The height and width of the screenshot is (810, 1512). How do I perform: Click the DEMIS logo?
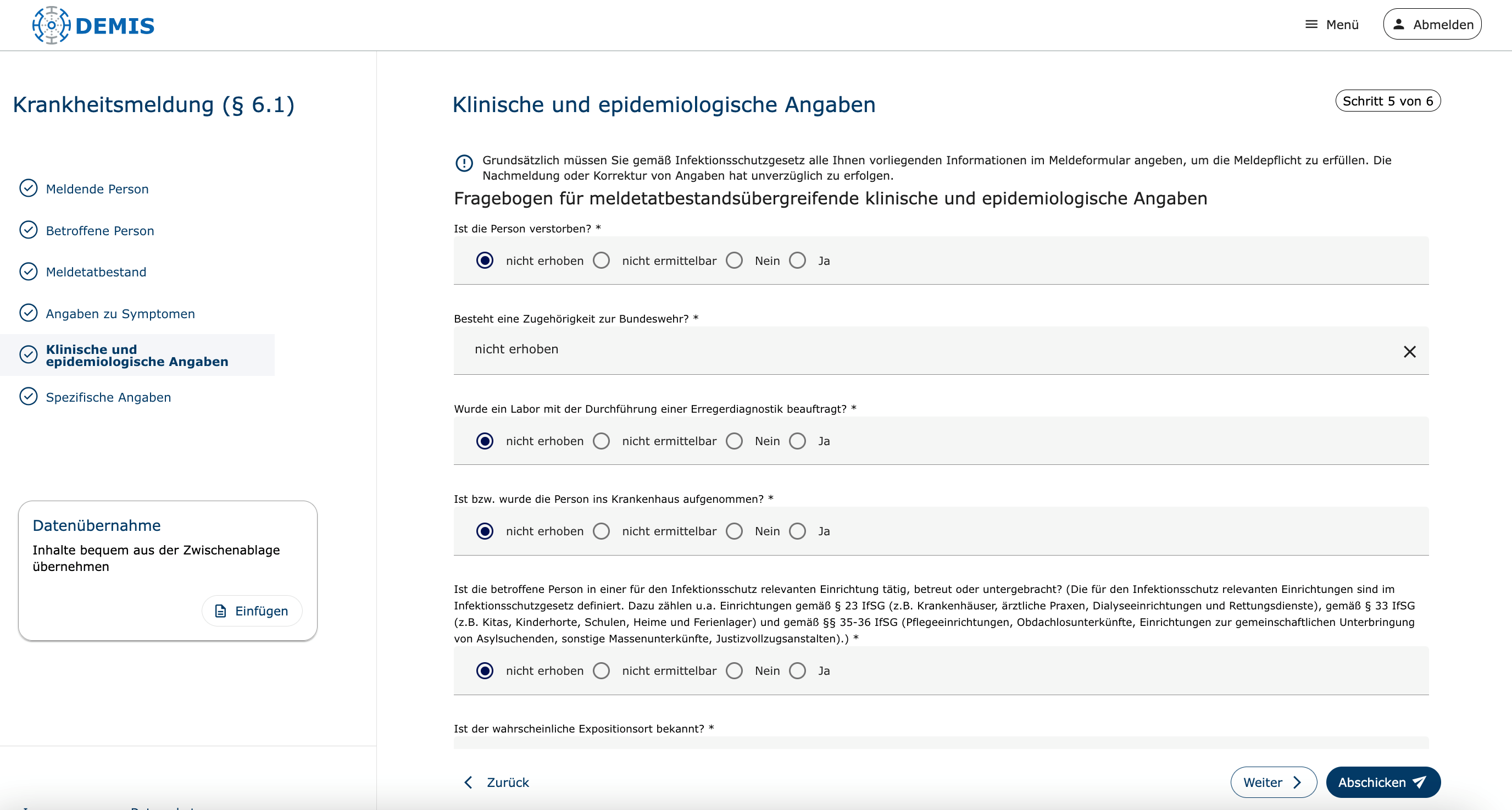(93, 25)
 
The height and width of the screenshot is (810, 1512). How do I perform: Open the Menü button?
(1332, 25)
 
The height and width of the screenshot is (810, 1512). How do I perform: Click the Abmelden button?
(1432, 25)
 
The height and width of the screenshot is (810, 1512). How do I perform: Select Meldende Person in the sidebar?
(97, 189)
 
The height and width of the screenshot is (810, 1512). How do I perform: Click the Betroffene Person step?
(100, 231)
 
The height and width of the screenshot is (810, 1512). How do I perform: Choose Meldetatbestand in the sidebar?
(96, 272)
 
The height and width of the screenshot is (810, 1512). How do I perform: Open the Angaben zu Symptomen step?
(120, 313)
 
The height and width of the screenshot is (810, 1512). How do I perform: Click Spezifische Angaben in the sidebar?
(108, 397)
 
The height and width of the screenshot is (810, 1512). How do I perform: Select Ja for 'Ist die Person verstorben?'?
(797, 260)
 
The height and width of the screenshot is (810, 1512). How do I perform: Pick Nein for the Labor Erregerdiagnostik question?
(734, 441)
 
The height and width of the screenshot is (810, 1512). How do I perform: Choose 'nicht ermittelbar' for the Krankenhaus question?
(601, 531)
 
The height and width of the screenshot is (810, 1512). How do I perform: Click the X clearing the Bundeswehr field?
(1409, 352)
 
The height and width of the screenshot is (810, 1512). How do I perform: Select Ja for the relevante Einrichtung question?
(797, 671)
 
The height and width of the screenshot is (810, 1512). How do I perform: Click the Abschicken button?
(1382, 783)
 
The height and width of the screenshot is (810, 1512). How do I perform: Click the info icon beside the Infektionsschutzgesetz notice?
(464, 163)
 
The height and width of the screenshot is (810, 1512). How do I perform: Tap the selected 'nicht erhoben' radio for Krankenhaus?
(485, 531)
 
